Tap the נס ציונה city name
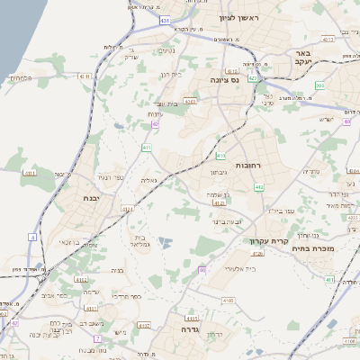[224, 80]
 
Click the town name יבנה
[89, 199]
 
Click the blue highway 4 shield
[31, 237]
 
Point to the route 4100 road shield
[227, 298]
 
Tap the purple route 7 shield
[96, 338]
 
